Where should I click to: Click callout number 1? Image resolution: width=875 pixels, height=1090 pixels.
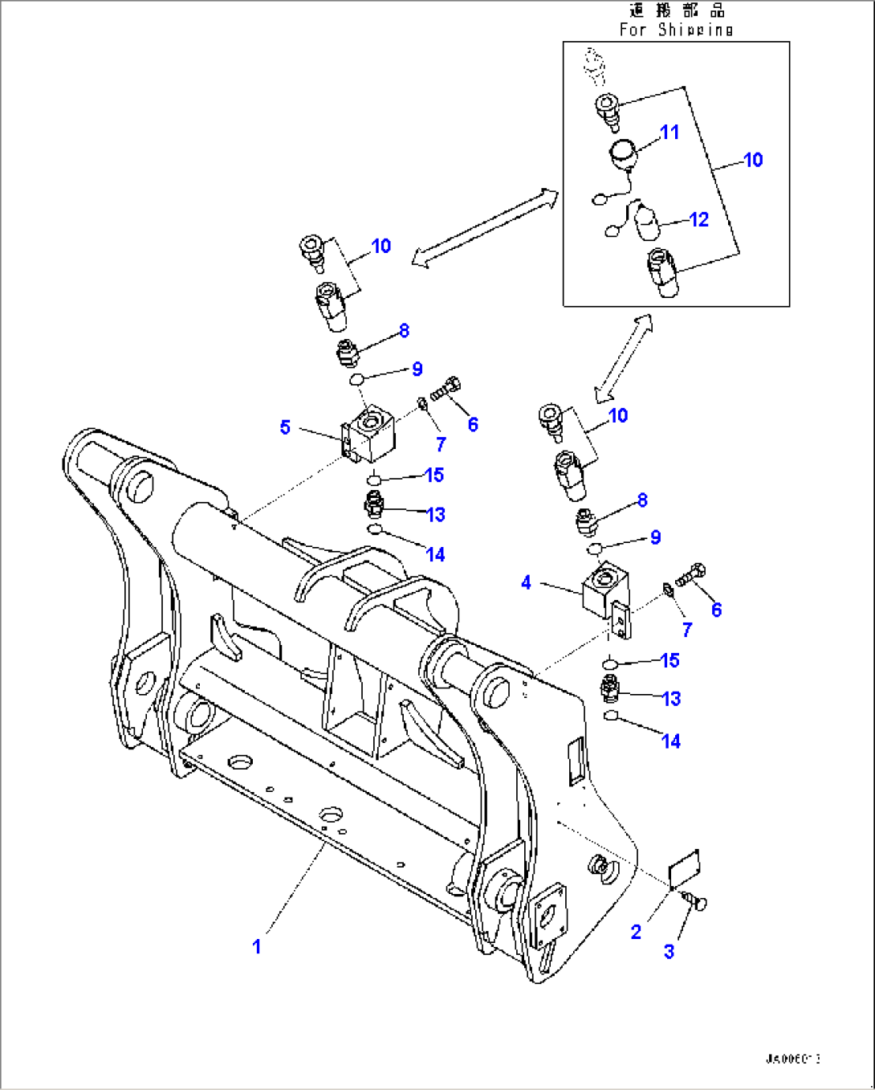(x=257, y=946)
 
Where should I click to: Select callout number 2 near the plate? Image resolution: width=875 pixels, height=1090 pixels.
(x=636, y=932)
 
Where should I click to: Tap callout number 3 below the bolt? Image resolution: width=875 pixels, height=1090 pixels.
(x=669, y=951)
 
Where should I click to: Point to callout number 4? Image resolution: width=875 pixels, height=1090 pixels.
(x=526, y=582)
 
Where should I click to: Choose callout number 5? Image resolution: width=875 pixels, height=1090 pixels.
(x=285, y=427)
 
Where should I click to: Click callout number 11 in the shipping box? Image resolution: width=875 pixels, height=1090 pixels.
(x=669, y=132)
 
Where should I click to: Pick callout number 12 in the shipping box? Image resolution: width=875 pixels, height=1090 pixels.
(x=699, y=219)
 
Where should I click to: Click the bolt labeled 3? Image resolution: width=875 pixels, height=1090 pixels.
(x=694, y=903)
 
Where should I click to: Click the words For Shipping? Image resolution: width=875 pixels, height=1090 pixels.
(x=676, y=30)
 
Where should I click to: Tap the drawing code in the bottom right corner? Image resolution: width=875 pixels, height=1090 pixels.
(x=792, y=1059)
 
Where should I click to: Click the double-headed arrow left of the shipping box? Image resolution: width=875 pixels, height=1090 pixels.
(x=484, y=227)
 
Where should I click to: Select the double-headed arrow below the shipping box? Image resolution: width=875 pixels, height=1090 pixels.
(x=624, y=357)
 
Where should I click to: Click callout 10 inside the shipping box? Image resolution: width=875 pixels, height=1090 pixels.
(x=753, y=160)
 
